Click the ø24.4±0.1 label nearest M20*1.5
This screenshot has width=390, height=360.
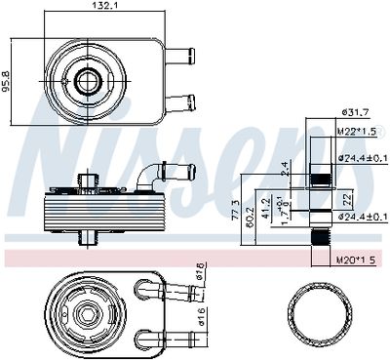point(362,216)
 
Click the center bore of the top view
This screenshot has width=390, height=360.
point(88,79)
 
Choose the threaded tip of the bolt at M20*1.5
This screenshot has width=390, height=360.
point(320,240)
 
